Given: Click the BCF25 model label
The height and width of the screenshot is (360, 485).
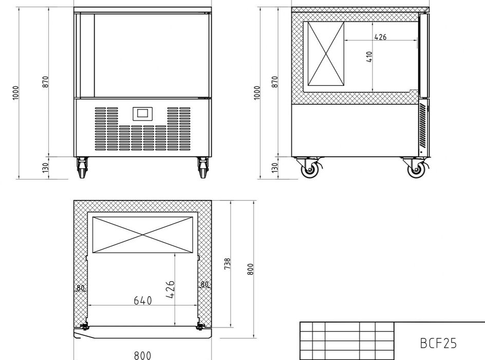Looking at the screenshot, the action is (438, 343).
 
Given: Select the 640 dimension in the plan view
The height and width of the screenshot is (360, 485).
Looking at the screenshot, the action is (143, 300).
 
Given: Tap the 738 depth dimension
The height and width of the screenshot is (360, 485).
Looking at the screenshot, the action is (227, 264).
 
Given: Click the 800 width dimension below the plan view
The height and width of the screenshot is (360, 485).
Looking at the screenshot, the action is (143, 355).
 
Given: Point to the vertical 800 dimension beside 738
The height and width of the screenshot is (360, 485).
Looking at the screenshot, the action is (251, 269).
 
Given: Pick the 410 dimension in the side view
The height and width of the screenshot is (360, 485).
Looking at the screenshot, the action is (369, 57).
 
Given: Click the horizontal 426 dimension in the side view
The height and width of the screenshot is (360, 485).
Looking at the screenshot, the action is (381, 37).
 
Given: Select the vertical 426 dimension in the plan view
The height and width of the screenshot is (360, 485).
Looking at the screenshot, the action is (171, 290).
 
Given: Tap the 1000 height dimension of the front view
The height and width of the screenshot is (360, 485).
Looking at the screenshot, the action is (15, 93).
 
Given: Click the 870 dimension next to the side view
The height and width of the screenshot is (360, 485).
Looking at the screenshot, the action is (275, 82).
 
